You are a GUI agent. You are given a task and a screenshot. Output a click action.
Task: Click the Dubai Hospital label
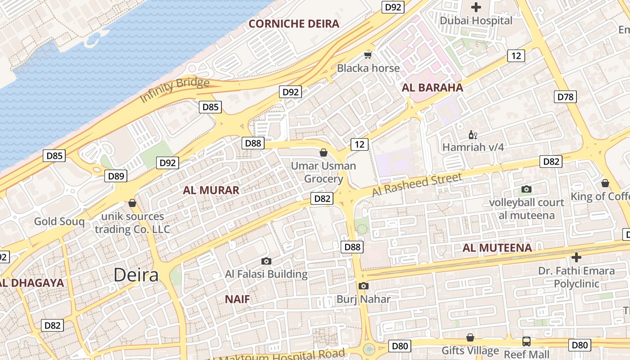pos(476,21)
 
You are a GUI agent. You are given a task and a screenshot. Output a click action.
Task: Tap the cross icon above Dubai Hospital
pos(476,7)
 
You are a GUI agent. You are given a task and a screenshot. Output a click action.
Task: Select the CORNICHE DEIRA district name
pos(294,24)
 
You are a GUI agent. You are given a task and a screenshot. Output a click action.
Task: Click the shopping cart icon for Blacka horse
pos(368,55)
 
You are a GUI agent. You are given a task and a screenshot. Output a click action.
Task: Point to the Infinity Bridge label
pos(175,90)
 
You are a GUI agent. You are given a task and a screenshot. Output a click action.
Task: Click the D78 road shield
pos(566,97)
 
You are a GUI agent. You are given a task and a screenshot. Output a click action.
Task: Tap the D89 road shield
pos(116,176)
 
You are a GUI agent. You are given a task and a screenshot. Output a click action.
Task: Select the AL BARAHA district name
pos(432,88)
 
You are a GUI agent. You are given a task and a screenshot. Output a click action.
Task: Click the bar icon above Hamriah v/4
pos(473,135)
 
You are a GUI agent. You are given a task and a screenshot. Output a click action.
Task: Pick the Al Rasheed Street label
pos(417,184)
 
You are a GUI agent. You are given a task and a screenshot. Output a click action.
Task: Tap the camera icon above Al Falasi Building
pos(266,261)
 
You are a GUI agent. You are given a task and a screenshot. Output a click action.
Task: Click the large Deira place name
pos(136,274)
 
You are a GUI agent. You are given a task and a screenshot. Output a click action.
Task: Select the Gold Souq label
pos(59,221)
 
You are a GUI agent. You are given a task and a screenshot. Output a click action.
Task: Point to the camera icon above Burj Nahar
pos(364,286)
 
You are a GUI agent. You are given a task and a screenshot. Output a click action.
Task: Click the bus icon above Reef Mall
pos(526,341)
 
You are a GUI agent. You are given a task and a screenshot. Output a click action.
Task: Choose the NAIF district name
pos(237,299)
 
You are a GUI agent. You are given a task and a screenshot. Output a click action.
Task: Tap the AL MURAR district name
pos(211,190)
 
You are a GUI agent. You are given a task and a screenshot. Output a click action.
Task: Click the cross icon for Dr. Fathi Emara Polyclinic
pos(576,257)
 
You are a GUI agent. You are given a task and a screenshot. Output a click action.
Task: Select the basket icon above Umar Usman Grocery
pos(323,153)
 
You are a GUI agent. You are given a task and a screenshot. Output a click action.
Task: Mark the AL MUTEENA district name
pos(497,248)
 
